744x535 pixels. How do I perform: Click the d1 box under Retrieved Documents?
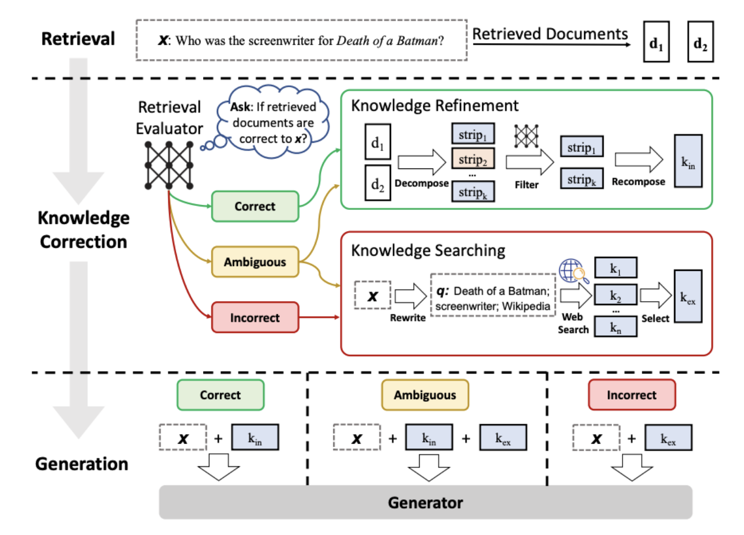[656, 41]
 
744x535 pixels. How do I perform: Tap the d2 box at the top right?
[700, 41]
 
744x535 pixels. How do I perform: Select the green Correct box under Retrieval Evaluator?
[255, 207]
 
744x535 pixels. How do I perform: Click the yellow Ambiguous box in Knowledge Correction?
[255, 262]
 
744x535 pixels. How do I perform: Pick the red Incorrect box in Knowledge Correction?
[255, 317]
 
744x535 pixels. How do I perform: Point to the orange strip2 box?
[473, 159]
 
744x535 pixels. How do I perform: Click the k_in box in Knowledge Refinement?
[688, 161]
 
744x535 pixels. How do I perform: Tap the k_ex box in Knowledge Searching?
[688, 297]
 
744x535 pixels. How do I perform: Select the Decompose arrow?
[421, 162]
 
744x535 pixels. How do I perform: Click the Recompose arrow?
[638, 160]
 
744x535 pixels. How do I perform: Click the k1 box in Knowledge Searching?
[615, 268]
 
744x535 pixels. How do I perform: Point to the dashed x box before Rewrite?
[373, 295]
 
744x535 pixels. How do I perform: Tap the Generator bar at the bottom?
[425, 503]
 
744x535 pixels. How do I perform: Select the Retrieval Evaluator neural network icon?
[169, 166]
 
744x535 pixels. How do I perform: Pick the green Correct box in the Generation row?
[220, 395]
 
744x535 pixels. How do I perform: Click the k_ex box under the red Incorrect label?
[668, 438]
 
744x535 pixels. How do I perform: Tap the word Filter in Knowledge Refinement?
[526, 185]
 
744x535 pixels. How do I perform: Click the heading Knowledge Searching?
[428, 251]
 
